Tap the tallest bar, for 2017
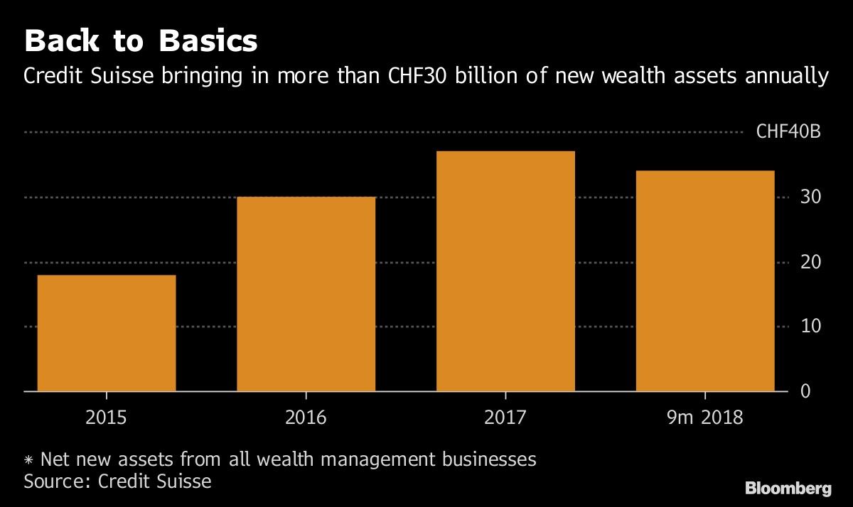pos(505,271)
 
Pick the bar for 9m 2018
pos(704,280)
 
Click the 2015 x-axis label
pos(107,416)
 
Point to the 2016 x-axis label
pos(306,416)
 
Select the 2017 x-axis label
pos(505,416)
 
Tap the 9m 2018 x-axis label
pos(704,416)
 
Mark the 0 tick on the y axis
pos(805,391)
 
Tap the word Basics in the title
pos(208,41)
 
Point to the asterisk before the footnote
pos(29,459)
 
